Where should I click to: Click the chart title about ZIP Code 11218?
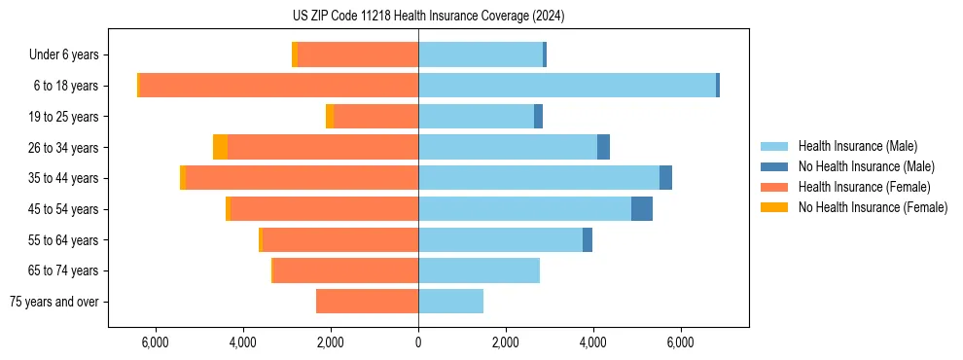tap(428, 17)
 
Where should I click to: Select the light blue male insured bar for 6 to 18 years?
tap(567, 86)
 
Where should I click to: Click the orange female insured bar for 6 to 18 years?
tap(279, 86)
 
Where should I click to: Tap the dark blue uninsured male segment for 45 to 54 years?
tap(642, 209)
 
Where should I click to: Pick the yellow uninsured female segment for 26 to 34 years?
tap(220, 147)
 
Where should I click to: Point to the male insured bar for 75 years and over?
tap(450, 302)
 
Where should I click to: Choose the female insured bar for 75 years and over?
tap(367, 302)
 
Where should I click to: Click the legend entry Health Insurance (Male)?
tap(857, 146)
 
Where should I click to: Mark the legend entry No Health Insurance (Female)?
tap(873, 207)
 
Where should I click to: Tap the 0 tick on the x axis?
tap(418, 342)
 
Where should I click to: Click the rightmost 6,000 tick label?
tap(680, 342)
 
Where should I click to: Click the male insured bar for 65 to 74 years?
tap(479, 270)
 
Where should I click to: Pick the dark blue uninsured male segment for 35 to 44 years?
tap(665, 178)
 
